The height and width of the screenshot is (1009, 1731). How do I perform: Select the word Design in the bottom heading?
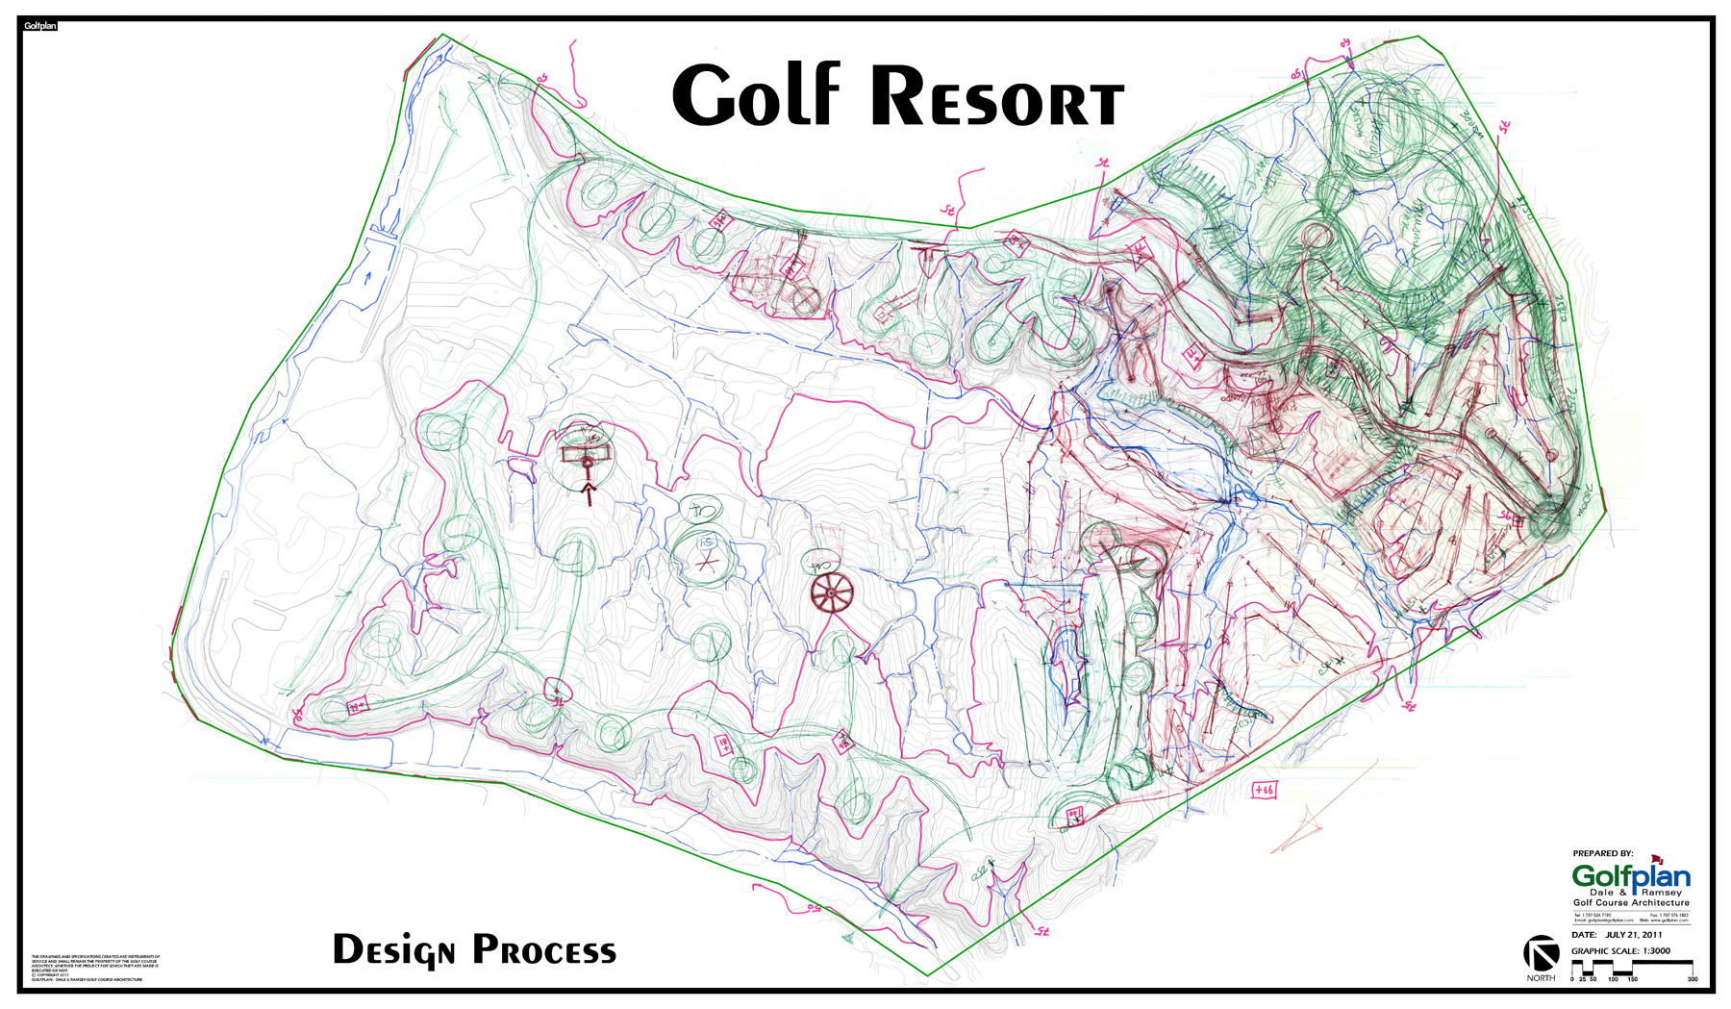coord(393,950)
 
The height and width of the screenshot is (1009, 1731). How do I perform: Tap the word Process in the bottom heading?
coord(543,950)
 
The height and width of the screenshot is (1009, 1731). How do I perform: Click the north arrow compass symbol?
coord(1541,954)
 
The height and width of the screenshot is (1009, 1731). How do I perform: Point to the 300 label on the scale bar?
coord(1692,979)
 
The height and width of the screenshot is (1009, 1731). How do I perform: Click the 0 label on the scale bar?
coord(1572,979)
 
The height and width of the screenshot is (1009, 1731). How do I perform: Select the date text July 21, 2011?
coord(1633,934)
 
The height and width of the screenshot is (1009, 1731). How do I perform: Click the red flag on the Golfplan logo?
coord(1657,859)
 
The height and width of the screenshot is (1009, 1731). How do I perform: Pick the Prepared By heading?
coord(1603,853)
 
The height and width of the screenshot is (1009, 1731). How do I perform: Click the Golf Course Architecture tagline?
coord(1631,902)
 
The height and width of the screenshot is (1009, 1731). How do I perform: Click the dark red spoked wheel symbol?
coord(831,593)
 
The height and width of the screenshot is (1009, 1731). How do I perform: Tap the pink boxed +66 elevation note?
coord(1264,790)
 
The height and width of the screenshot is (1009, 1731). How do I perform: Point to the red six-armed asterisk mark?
coord(707,561)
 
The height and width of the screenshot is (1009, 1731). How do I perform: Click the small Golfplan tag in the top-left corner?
coord(40,26)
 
